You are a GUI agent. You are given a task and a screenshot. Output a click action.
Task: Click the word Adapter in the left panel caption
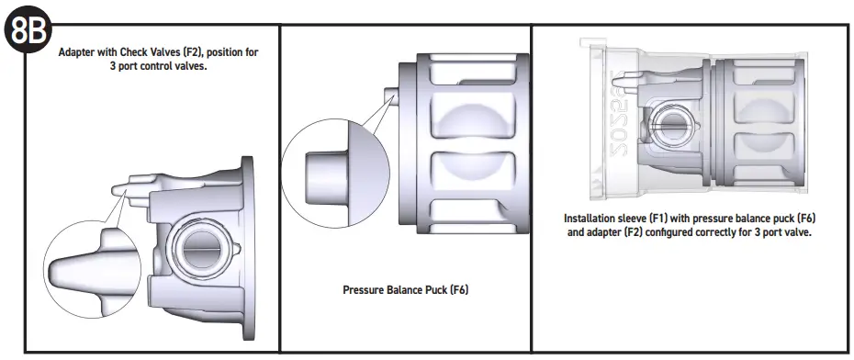79,52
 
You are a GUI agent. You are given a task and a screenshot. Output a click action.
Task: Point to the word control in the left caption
161,66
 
